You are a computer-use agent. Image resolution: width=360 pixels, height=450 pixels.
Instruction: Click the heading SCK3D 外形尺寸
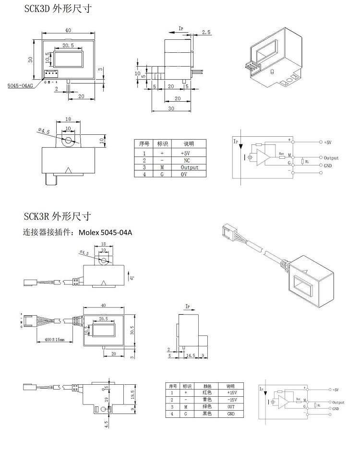pyautogui.click(x=58, y=9)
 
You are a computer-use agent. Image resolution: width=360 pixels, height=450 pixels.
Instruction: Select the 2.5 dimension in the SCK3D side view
pyautogui.click(x=206, y=32)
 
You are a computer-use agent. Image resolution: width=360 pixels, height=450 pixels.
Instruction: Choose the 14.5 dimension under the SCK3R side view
pyautogui.click(x=191, y=355)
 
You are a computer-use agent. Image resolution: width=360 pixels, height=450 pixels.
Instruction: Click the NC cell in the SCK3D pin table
pyautogui.click(x=187, y=161)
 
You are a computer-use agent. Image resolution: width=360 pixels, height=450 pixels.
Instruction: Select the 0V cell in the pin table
pyautogui.click(x=187, y=174)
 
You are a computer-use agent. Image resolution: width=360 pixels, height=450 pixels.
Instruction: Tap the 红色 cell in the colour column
pyautogui.click(x=207, y=392)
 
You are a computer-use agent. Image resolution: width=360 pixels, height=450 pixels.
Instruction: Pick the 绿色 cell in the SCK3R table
pyautogui.click(x=207, y=406)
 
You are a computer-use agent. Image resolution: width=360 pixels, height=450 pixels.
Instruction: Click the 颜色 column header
pyautogui.click(x=207, y=386)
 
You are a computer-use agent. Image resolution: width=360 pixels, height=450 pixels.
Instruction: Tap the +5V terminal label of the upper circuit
pyautogui.click(x=328, y=142)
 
